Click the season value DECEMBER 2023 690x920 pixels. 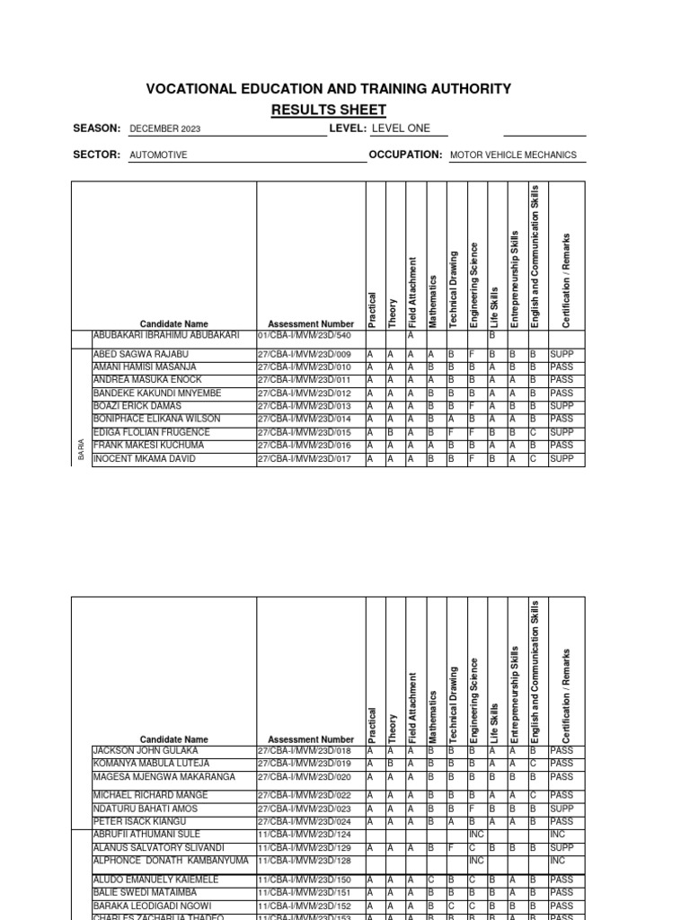pyautogui.click(x=165, y=129)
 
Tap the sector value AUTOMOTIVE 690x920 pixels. pyautogui.click(x=158, y=155)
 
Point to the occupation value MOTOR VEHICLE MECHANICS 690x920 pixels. pyautogui.click(x=513, y=155)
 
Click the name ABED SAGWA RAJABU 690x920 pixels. pyautogui.click(x=141, y=355)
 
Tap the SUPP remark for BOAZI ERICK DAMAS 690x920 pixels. pyautogui.click(x=562, y=407)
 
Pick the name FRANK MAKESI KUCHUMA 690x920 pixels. pyautogui.click(x=148, y=446)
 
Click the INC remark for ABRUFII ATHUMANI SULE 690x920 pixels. pyautogui.click(x=557, y=835)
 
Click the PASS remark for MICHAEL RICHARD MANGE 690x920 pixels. pyautogui.click(x=562, y=795)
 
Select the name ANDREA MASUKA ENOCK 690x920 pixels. pyautogui.click(x=147, y=381)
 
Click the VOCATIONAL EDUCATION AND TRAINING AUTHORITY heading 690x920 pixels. pyautogui.click(x=329, y=89)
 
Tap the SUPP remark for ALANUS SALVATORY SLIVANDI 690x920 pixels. pyautogui.click(x=562, y=847)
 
